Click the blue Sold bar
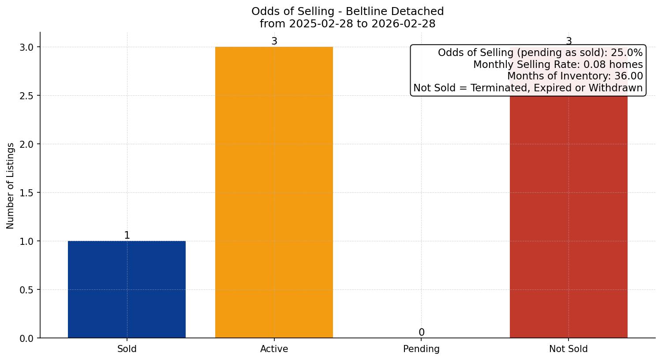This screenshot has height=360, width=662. (x=127, y=289)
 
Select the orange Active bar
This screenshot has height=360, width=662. (x=274, y=192)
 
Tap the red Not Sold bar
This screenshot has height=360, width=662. (x=568, y=216)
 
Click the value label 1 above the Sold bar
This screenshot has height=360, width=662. (x=127, y=236)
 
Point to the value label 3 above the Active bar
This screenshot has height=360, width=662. (x=274, y=41)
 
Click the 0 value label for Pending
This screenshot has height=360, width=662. (x=421, y=333)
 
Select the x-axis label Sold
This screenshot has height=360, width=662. (x=127, y=349)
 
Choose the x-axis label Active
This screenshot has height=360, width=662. (x=274, y=349)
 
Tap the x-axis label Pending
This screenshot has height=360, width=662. (x=421, y=349)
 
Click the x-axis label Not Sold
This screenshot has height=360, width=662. (x=568, y=349)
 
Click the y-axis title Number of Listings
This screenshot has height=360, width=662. (x=11, y=185)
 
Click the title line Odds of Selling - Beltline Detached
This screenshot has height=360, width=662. (x=348, y=11)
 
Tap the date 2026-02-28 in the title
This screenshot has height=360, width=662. (x=403, y=24)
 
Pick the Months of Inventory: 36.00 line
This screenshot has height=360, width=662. (x=575, y=76)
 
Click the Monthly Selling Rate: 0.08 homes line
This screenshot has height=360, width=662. (x=558, y=64)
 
